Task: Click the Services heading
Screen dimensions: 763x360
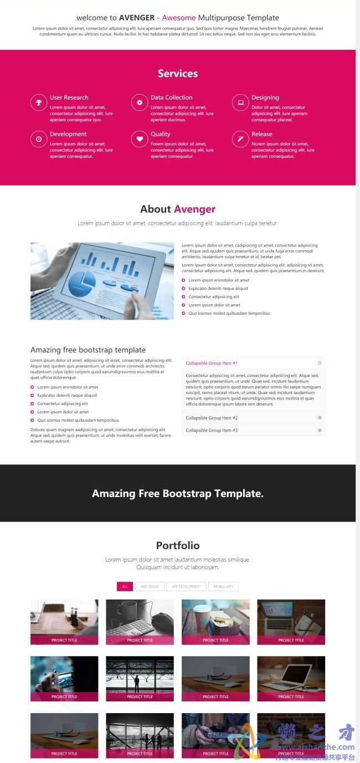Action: click(x=178, y=74)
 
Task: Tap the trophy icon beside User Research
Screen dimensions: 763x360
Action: click(x=39, y=102)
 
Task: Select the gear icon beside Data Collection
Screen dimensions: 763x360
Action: click(x=140, y=102)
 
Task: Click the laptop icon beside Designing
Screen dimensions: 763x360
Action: click(x=240, y=102)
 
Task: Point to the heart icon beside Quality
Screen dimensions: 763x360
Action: click(x=140, y=139)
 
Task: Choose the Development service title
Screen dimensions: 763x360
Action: click(x=68, y=134)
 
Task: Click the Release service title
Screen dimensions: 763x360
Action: click(x=262, y=134)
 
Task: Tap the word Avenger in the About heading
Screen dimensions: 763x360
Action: click(x=194, y=209)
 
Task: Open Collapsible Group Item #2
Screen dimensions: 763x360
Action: click(x=212, y=418)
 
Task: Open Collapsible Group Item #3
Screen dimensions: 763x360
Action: click(x=212, y=430)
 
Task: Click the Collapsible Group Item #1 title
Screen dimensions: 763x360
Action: click(x=212, y=363)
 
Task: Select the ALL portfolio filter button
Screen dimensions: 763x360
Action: click(x=125, y=586)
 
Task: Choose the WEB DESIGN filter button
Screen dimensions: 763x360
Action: click(x=150, y=586)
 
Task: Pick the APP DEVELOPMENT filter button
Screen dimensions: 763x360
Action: click(x=186, y=586)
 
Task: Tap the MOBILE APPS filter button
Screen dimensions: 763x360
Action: click(x=223, y=586)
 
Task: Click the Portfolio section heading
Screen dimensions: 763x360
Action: click(x=178, y=546)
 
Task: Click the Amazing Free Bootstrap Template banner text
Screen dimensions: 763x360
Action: click(x=178, y=494)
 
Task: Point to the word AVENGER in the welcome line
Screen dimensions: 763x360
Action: click(x=137, y=18)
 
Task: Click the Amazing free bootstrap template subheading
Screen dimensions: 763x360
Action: click(x=88, y=350)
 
